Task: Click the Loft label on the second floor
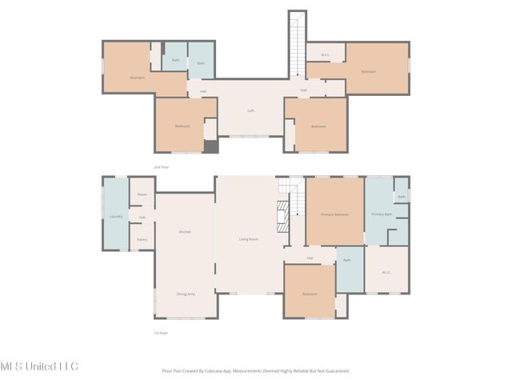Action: click(250, 110)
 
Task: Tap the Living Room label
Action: click(249, 239)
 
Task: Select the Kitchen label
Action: click(185, 232)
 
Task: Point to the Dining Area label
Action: click(185, 294)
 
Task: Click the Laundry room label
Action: click(115, 217)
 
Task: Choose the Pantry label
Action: click(142, 239)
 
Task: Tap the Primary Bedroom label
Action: click(334, 214)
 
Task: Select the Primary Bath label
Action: click(382, 214)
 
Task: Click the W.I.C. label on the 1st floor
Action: click(386, 273)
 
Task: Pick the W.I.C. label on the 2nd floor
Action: click(326, 55)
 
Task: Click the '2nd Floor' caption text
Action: click(161, 167)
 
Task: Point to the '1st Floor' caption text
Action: click(160, 333)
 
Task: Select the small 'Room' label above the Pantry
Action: click(142, 194)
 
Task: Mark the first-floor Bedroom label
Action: click(310, 294)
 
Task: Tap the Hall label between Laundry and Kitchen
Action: click(142, 218)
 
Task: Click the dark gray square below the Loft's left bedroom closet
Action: click(210, 146)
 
